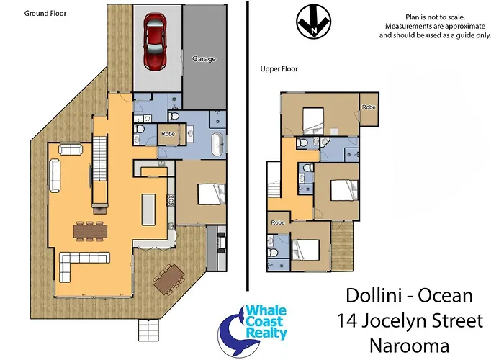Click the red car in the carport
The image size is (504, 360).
(x=156, y=41)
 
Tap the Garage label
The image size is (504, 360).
(x=204, y=59)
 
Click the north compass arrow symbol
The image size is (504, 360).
(x=314, y=22)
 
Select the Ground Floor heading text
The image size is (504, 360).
(x=45, y=13)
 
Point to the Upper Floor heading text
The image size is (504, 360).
(x=279, y=69)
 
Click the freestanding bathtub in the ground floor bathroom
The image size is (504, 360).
(x=217, y=145)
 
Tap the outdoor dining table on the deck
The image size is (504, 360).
(x=169, y=279)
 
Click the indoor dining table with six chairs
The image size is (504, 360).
(x=90, y=231)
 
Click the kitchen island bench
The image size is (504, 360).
(x=148, y=210)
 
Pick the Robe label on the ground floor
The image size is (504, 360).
(x=168, y=134)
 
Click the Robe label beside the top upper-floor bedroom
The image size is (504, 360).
(x=369, y=107)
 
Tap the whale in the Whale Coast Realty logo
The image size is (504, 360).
(x=233, y=334)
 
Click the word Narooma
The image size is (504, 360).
(x=409, y=346)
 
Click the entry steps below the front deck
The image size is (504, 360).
(x=149, y=330)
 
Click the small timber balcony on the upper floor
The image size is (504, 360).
(x=342, y=246)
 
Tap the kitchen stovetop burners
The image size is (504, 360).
(x=171, y=200)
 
